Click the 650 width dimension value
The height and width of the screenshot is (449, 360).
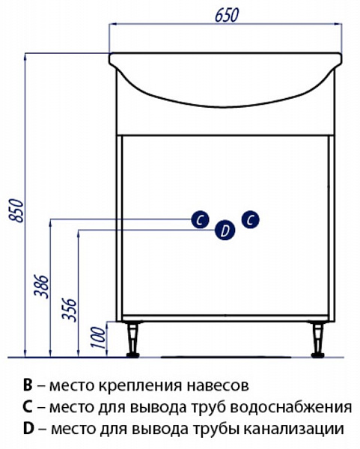click(227, 15)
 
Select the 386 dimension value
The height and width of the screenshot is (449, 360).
click(41, 287)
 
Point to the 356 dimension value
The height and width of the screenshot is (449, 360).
click(70, 309)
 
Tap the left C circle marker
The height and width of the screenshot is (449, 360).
click(200, 219)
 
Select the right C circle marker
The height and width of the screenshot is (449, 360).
click(250, 219)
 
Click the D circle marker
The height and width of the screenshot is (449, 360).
click(225, 230)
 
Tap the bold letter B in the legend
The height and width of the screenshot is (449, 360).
click(28, 385)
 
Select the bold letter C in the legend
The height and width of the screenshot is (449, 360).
click(28, 407)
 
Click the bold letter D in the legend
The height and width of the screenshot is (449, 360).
click(28, 429)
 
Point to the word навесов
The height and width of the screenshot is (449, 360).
click(219, 386)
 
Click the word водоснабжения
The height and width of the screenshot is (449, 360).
click(291, 408)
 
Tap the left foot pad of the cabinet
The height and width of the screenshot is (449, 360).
click(133, 355)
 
